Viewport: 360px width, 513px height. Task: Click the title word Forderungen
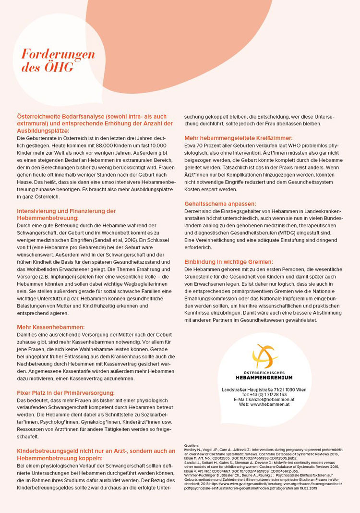tap(58, 54)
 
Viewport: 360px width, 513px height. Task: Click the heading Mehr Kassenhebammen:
tap(50, 327)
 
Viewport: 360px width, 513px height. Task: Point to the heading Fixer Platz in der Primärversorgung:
tap(66, 392)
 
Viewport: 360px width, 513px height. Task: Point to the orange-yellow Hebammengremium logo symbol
tap(264, 356)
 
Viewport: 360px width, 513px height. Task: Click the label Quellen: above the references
tap(192, 445)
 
